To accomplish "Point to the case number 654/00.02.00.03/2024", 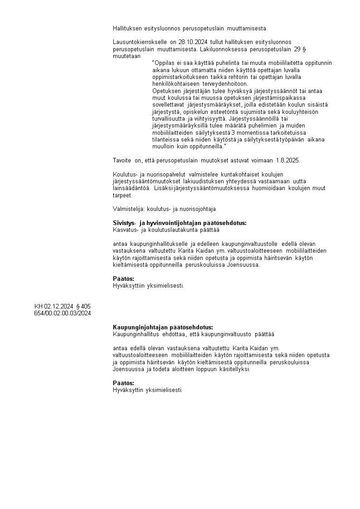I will coord(63,313).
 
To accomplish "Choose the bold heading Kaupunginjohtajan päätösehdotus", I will coord(163,327).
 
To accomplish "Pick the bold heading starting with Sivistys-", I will coord(180,223).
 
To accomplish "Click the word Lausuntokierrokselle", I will coord(140,42).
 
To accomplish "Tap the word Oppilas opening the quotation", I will coord(164,63).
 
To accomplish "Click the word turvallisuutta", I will coord(171,118).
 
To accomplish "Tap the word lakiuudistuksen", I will coord(207,181).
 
